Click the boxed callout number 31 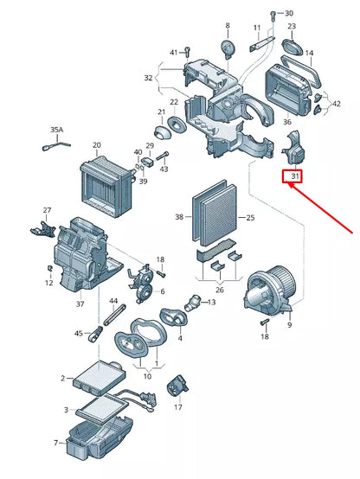coord(294,176)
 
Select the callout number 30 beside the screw coord(289,13)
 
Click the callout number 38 coord(180,216)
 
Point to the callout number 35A coord(57,130)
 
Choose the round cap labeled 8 coord(228,48)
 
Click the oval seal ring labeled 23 coord(292,41)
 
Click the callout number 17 coord(178,407)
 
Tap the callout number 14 coord(309,54)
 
